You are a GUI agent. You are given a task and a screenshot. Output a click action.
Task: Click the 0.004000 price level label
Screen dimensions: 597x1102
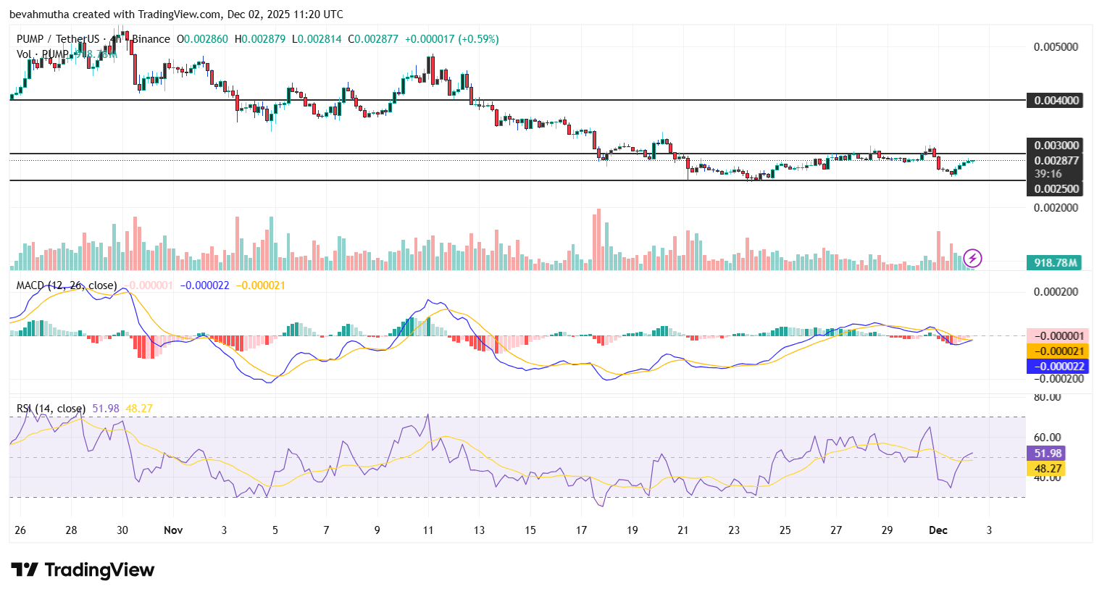[1054, 101]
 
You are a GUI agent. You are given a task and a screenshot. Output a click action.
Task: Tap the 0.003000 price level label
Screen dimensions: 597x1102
[1054, 146]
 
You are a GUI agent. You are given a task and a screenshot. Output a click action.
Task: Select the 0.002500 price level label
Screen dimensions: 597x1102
[1054, 189]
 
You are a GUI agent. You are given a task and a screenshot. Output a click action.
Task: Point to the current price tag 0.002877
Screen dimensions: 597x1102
[1054, 161]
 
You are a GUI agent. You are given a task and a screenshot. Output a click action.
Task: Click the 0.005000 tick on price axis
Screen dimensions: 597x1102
[1056, 47]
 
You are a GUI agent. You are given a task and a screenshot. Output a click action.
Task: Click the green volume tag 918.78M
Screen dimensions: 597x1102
[1054, 263]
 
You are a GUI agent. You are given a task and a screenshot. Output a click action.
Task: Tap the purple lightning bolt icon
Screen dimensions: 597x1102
[972, 258]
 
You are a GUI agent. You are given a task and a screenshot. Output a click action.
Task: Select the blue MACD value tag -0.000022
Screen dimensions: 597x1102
[1058, 367]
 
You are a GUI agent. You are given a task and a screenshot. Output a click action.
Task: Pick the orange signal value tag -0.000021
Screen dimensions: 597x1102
[1058, 351]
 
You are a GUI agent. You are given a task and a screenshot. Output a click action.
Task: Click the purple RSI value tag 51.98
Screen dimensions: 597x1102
[1047, 454]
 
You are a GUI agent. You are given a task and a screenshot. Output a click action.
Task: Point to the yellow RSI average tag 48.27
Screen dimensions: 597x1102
[1047, 469]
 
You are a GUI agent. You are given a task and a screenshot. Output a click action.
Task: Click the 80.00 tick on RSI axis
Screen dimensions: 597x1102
[1047, 397]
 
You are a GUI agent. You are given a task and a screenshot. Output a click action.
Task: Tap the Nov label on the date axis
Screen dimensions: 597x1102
[173, 530]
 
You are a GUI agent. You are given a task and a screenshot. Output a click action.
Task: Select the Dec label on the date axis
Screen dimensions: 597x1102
[938, 530]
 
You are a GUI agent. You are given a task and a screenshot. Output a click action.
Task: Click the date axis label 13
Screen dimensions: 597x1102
[479, 530]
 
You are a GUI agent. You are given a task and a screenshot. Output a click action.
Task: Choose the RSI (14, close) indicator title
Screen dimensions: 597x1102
[51, 409]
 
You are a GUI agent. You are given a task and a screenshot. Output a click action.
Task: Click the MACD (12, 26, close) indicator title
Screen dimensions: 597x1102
[66, 285]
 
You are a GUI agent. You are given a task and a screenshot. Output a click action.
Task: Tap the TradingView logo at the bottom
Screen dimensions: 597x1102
[83, 570]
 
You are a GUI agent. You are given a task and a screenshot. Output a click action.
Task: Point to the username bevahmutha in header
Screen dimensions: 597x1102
[38, 14]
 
